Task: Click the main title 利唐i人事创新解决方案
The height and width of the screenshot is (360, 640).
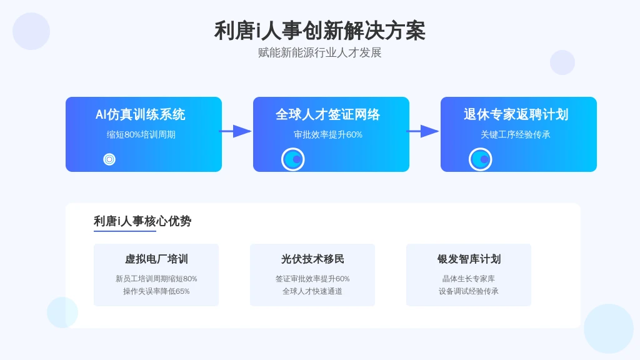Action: [x=319, y=31]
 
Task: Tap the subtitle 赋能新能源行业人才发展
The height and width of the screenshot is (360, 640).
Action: [x=319, y=52]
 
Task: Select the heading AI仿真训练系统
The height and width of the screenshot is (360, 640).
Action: [x=141, y=114]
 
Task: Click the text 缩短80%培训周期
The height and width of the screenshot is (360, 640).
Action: [x=141, y=135]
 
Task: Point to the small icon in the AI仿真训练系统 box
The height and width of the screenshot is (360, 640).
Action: [x=109, y=159]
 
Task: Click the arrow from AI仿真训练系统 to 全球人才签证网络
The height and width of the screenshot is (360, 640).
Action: [x=235, y=131]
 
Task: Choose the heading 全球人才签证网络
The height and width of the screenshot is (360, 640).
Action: [x=327, y=114]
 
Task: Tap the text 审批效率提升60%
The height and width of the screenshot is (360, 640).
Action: [x=328, y=135]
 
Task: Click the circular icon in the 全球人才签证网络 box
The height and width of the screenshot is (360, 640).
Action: [x=293, y=159]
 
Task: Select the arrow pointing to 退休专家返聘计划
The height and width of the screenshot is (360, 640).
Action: [x=422, y=131]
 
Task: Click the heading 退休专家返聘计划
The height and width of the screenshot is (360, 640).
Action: [x=516, y=114]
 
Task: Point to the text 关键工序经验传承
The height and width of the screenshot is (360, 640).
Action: [x=516, y=135]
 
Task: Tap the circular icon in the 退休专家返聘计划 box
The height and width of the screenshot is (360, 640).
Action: [x=481, y=159]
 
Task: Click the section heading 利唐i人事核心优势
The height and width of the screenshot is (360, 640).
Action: [x=142, y=221]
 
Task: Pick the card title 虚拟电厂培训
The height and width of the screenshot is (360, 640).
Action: [x=156, y=259]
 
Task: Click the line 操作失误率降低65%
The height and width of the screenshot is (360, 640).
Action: [x=156, y=291]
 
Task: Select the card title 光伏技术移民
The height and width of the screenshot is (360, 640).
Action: [x=312, y=259]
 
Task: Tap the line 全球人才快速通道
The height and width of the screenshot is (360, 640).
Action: [x=312, y=291]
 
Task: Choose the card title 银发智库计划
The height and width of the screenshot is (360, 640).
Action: [x=469, y=259]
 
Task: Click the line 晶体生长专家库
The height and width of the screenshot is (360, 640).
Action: [x=469, y=279]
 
